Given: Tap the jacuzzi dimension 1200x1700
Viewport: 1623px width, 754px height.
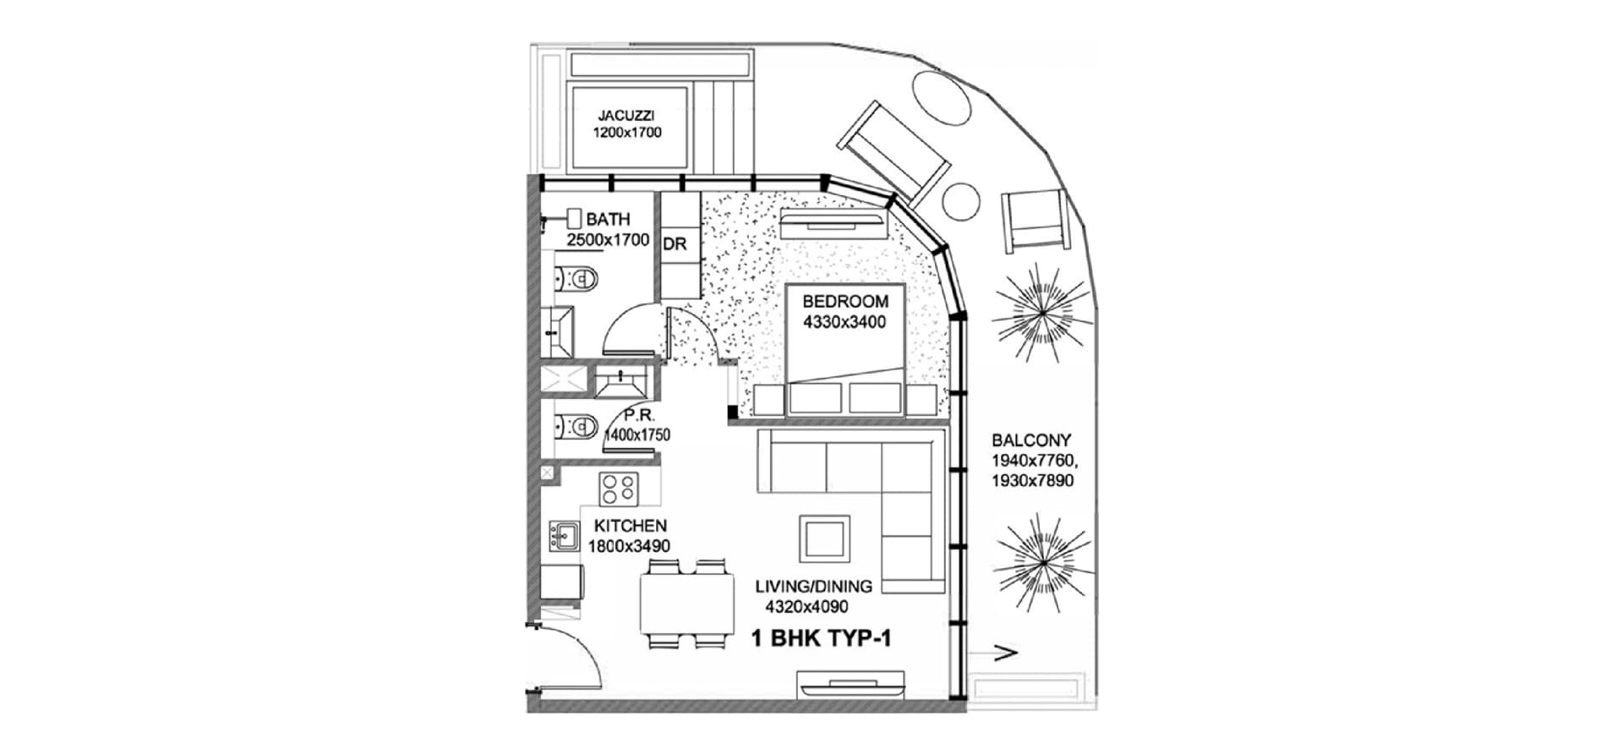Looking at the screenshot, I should tap(626, 133).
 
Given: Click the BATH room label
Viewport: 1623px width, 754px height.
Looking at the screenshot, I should tap(608, 220).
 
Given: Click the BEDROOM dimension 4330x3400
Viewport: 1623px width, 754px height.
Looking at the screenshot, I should tap(844, 322).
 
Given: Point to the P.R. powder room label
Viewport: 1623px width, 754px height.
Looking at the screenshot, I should tap(636, 416).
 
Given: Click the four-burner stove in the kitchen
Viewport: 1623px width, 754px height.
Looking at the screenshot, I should tap(618, 489).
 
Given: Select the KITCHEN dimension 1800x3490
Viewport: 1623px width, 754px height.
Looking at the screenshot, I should tap(629, 546).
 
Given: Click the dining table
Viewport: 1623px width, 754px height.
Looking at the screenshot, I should tap(686, 604).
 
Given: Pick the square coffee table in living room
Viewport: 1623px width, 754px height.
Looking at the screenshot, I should tap(824, 537).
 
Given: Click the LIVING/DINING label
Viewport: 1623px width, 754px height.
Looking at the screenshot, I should tap(813, 586).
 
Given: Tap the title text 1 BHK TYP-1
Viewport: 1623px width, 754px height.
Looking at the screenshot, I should tap(821, 639).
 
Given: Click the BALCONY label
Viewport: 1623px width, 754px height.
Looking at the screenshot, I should tap(1030, 440).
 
